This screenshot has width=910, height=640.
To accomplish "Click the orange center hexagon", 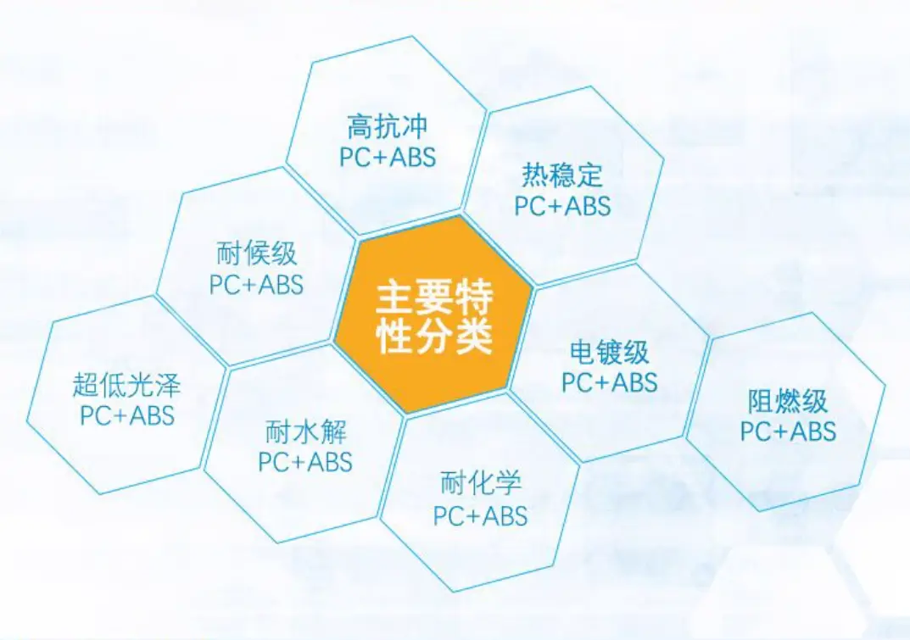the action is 433,315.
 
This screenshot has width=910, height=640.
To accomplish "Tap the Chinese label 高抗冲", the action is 387,126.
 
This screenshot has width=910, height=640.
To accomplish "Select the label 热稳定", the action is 562,175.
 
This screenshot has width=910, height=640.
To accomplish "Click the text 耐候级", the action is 256,253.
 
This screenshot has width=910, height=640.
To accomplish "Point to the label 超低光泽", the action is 127,384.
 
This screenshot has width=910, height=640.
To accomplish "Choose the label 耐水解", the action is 305,432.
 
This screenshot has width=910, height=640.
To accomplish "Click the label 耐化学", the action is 481,483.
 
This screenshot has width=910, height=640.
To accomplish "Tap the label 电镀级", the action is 609,351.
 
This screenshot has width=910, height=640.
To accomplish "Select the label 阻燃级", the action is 787,401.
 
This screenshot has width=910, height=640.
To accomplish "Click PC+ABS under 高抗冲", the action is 388,157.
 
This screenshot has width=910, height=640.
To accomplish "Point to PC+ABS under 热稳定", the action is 563,207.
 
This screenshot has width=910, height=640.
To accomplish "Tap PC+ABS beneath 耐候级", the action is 256,285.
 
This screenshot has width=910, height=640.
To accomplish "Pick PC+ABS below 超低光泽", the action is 127,415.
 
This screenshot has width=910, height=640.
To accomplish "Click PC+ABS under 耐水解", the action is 305,463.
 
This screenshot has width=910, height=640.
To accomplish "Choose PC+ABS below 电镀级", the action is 610,382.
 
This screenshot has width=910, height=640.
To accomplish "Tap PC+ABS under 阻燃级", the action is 788,431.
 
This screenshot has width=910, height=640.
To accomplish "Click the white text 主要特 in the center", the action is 434,297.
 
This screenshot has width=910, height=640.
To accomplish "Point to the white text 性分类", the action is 434,336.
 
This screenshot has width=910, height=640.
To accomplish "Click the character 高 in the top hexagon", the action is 360,126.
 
